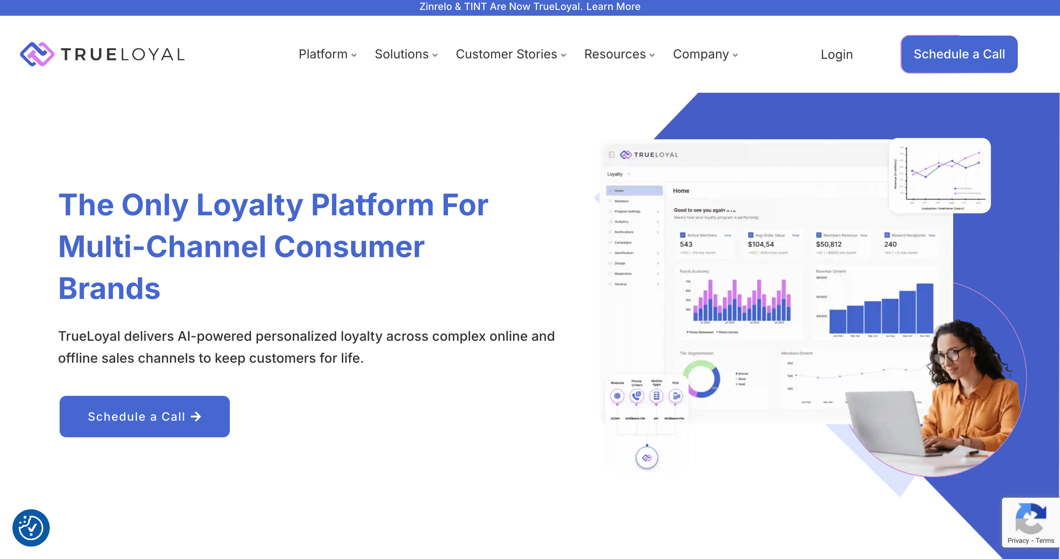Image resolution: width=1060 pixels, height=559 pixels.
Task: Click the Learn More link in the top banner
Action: (x=613, y=7)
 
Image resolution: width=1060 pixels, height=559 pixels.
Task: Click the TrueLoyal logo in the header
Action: (x=102, y=54)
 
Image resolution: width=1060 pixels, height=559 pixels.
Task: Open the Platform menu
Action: (x=327, y=54)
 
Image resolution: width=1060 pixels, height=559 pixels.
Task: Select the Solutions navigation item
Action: (x=406, y=54)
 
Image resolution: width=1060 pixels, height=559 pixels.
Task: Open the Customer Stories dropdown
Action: (x=511, y=54)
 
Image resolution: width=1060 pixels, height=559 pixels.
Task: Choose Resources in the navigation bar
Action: (x=619, y=54)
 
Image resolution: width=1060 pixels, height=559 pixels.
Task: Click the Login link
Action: (x=836, y=54)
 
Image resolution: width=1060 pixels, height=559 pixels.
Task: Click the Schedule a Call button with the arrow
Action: (x=145, y=417)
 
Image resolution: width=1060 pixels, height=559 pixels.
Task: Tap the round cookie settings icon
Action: (x=31, y=528)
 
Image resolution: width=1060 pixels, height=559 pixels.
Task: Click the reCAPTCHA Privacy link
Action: (x=1018, y=541)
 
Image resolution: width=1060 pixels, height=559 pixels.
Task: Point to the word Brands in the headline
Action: (x=109, y=289)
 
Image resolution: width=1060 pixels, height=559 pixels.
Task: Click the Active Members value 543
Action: (x=686, y=244)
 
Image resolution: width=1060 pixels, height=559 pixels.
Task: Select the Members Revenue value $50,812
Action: (x=829, y=244)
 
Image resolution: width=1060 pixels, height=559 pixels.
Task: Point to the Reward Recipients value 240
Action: (x=890, y=244)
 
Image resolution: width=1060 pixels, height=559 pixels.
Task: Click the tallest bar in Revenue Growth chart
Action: (x=925, y=308)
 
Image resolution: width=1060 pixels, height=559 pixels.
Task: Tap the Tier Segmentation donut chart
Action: (x=701, y=378)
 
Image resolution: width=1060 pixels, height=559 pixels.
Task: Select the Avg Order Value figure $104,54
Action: (x=761, y=244)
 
